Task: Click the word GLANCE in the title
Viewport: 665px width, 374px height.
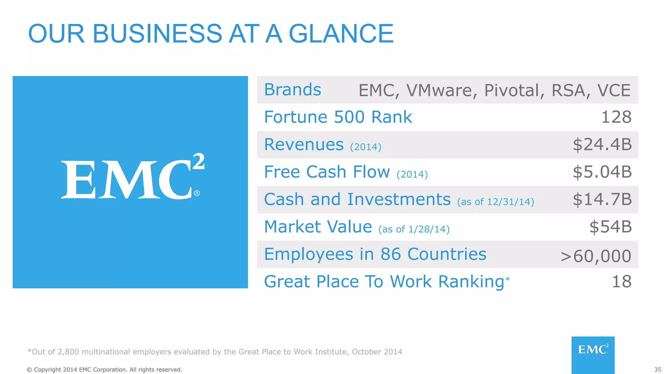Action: click(341, 33)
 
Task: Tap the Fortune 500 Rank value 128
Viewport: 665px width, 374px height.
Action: click(616, 117)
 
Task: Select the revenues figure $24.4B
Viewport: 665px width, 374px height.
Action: click(602, 144)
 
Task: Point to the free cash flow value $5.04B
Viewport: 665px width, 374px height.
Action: click(602, 172)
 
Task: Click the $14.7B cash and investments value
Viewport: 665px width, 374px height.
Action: click(602, 199)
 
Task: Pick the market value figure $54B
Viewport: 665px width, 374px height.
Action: click(610, 227)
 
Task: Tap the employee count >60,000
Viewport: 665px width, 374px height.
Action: click(596, 256)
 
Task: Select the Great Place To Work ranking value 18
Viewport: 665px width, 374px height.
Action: click(621, 281)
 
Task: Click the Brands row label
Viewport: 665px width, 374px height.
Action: click(293, 90)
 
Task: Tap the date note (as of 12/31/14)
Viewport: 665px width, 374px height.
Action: click(496, 202)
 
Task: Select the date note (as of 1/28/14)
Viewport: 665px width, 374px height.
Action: click(414, 229)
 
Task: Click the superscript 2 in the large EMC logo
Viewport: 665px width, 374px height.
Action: click(198, 161)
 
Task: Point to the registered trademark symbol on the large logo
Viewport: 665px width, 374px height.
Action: click(197, 193)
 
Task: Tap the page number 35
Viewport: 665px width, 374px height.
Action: click(658, 370)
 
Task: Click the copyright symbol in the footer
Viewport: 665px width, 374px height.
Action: click(29, 370)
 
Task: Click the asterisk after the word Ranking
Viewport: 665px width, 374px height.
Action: click(508, 279)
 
